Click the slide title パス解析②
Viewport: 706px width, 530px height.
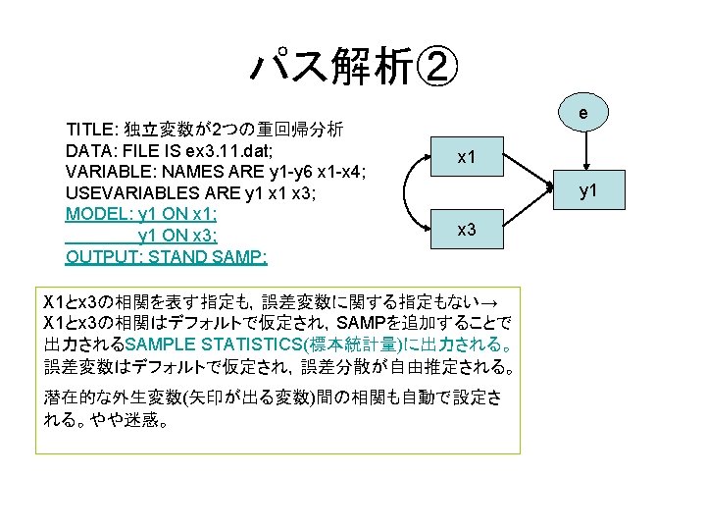click(x=352, y=67)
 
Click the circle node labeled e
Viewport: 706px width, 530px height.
click(x=582, y=115)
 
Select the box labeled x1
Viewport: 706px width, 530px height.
click(x=467, y=156)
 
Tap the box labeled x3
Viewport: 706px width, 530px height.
click(x=467, y=229)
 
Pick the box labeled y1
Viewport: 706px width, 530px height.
click(x=587, y=190)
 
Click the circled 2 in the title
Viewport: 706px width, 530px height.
click(x=432, y=67)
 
